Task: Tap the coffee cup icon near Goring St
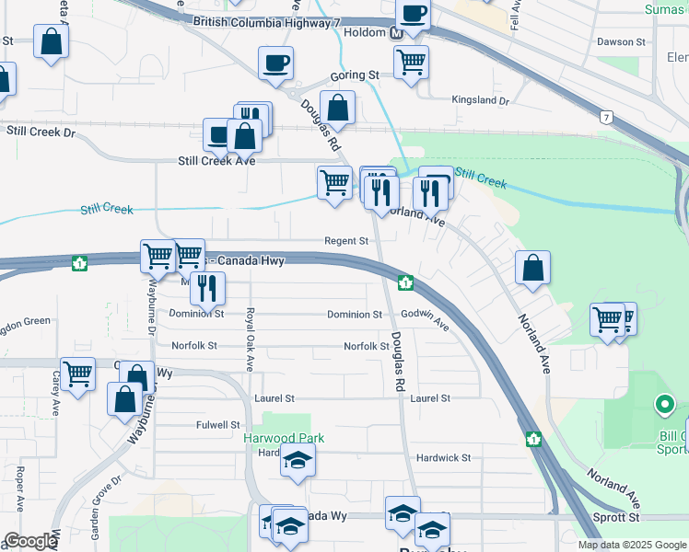click(x=275, y=63)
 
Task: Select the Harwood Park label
click(x=284, y=439)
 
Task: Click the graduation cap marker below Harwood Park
click(x=298, y=461)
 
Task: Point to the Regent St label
click(x=346, y=241)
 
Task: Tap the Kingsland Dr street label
click(x=480, y=99)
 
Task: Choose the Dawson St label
click(x=621, y=42)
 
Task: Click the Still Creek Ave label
click(x=216, y=161)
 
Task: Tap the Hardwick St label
click(x=443, y=457)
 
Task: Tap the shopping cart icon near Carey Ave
click(x=78, y=374)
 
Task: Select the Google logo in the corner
click(x=29, y=541)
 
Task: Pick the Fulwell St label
click(x=218, y=425)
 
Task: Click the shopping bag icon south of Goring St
click(x=338, y=108)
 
